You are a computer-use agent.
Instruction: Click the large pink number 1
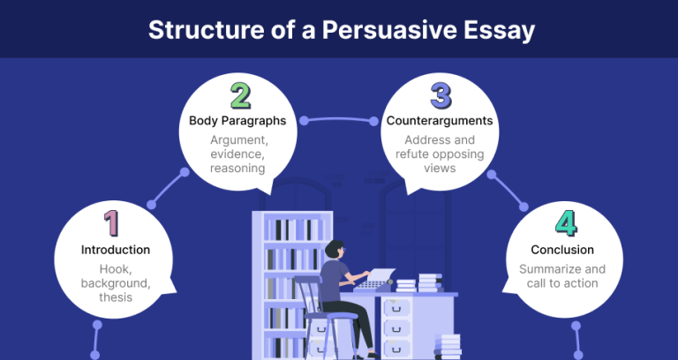pos(111,223)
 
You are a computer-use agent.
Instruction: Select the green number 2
pos(239,95)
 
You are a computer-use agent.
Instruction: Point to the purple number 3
pos(440,95)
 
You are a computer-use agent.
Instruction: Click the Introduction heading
pos(115,250)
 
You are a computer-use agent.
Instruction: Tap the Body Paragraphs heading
pos(238,120)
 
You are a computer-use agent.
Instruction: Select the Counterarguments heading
pos(440,120)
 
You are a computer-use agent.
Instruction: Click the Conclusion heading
pos(562,250)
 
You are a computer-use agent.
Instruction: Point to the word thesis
pos(116,297)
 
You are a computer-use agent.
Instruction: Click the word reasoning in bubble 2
pos(238,168)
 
